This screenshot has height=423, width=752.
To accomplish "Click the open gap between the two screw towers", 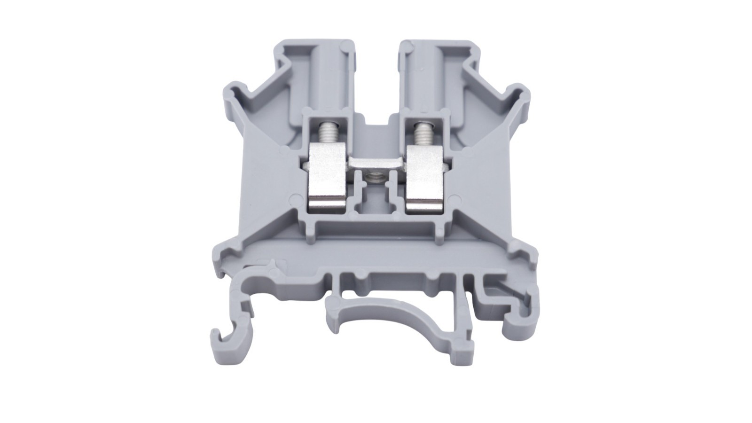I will click(374, 85).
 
